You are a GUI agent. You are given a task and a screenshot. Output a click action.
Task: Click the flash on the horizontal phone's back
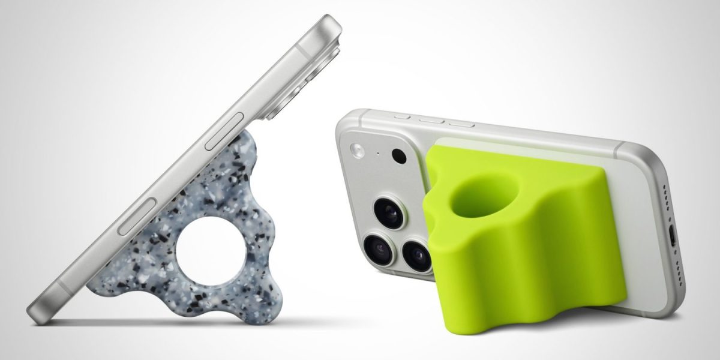tap(358, 149)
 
